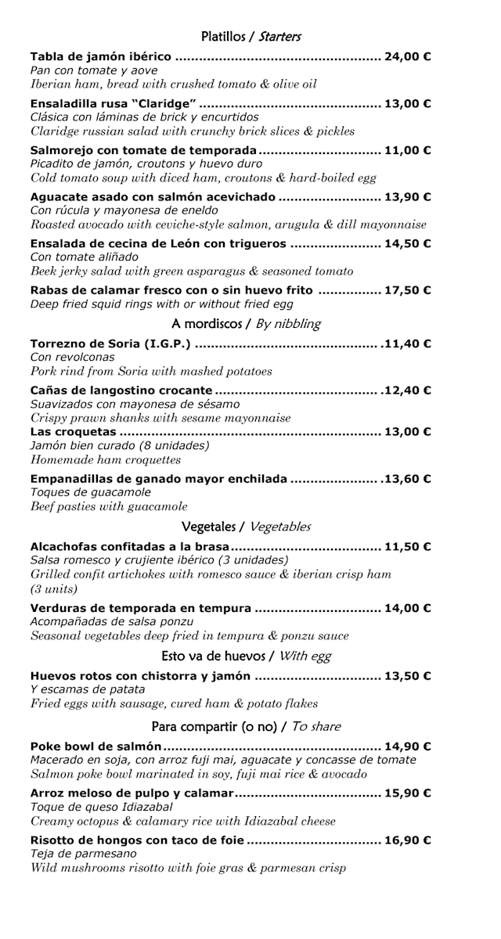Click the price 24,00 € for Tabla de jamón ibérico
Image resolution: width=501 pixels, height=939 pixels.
(407, 56)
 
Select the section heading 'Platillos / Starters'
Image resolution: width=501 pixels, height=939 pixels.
(250, 36)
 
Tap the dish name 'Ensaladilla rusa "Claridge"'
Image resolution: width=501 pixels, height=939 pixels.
(113, 103)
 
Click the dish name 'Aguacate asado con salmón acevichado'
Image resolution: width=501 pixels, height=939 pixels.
(153, 197)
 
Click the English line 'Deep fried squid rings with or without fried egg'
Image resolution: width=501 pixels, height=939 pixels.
(162, 304)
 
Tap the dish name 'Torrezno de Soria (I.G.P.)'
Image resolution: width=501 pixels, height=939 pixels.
(111, 344)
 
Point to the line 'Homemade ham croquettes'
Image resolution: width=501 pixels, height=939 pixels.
(106, 460)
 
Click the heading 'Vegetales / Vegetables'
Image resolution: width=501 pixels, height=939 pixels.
(246, 527)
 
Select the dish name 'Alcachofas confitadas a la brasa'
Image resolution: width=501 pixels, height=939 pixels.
(130, 547)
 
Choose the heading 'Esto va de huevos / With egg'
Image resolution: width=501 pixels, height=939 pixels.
(245, 656)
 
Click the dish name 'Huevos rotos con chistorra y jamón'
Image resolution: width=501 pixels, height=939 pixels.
(140, 676)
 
